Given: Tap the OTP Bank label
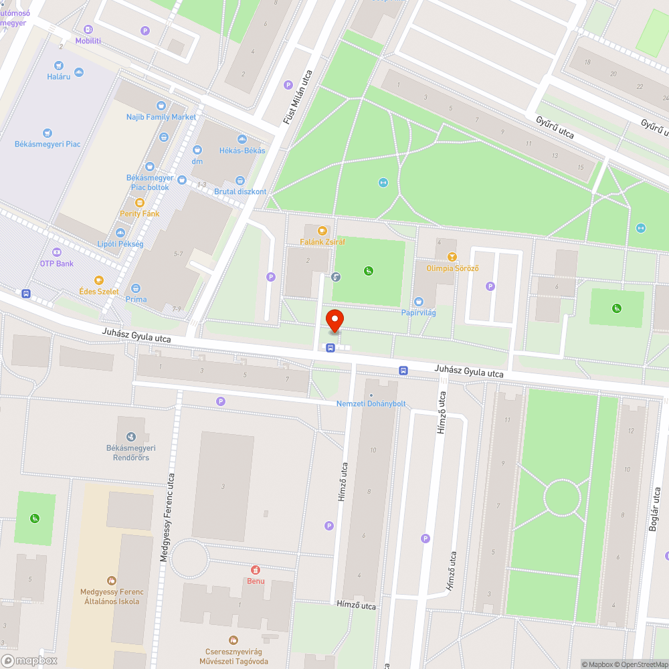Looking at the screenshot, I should click(x=57, y=264).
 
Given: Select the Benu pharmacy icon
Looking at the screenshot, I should click(x=254, y=570).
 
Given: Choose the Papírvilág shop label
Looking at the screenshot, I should click(x=419, y=312).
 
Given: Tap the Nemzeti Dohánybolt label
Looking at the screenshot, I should click(x=371, y=403).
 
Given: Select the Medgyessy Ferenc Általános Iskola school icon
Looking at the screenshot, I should click(x=111, y=581).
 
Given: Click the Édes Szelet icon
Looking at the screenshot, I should click(x=99, y=280).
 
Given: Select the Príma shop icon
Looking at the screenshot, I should click(x=136, y=288).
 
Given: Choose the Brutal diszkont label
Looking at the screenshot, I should click(x=240, y=191).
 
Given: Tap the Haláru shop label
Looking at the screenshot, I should click(x=59, y=76).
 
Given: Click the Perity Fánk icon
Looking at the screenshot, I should click(x=139, y=203).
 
